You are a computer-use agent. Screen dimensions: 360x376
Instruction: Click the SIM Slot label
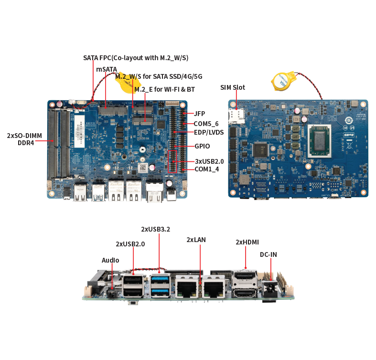point(233,87)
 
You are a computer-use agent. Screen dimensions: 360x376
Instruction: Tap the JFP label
point(200,114)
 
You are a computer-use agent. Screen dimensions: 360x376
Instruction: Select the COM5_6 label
point(206,123)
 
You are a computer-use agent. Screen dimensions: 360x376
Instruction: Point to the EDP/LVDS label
point(209,132)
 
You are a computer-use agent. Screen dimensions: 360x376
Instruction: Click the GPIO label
point(202,146)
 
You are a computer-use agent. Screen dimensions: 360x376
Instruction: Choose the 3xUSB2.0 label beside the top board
point(209,161)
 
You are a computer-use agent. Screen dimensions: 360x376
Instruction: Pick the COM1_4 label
point(207,169)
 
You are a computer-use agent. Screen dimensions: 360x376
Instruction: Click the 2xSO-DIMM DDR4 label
point(24,138)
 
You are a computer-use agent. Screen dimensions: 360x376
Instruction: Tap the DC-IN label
point(268,255)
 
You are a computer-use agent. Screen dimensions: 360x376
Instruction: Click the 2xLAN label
point(196,240)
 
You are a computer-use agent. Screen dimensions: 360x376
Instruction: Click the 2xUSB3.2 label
point(155,229)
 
